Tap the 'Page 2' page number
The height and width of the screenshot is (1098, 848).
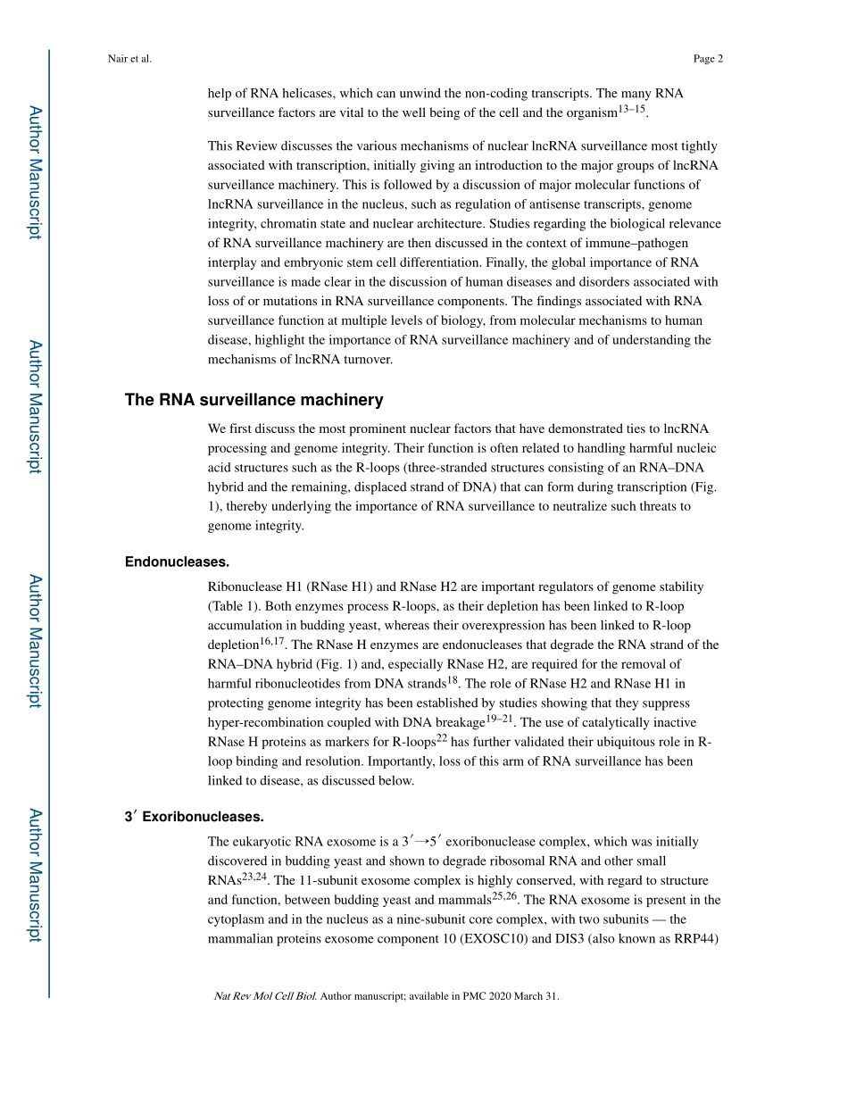(707, 59)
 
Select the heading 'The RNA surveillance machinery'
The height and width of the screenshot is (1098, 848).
(254, 400)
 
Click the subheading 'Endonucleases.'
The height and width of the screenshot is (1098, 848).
(178, 561)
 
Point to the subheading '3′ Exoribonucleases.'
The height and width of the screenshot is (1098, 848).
(195, 817)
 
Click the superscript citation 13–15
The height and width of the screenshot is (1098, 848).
(632, 109)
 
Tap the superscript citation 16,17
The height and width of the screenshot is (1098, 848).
(271, 641)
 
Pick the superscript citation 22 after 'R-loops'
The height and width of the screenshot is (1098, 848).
(441, 738)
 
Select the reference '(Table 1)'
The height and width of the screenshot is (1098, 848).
(234, 606)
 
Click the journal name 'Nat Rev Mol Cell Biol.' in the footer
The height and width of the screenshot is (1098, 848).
(265, 996)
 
